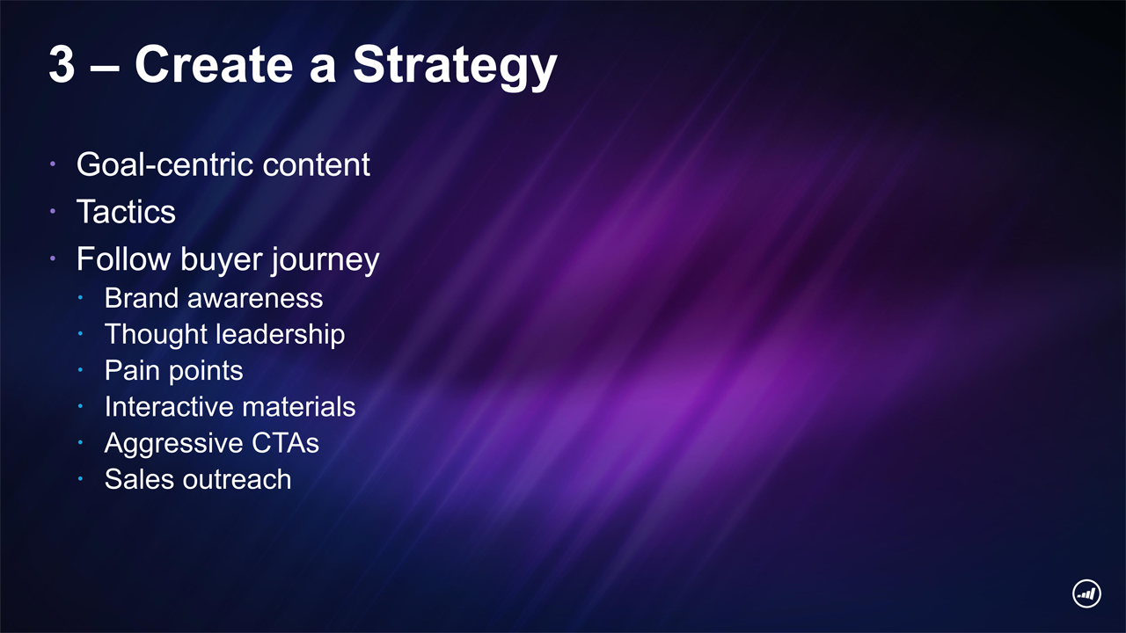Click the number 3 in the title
coord(62,64)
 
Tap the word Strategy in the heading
coord(455,68)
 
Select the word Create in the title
coord(214,64)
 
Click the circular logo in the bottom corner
coord(1086,593)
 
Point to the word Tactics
coord(126,211)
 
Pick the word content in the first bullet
coord(316,164)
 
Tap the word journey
coord(325,261)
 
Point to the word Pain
coord(132,370)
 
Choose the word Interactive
coord(168,406)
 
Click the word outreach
coord(237,479)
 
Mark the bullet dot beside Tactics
coord(53,212)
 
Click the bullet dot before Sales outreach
coord(80,479)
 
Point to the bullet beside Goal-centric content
coord(53,164)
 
